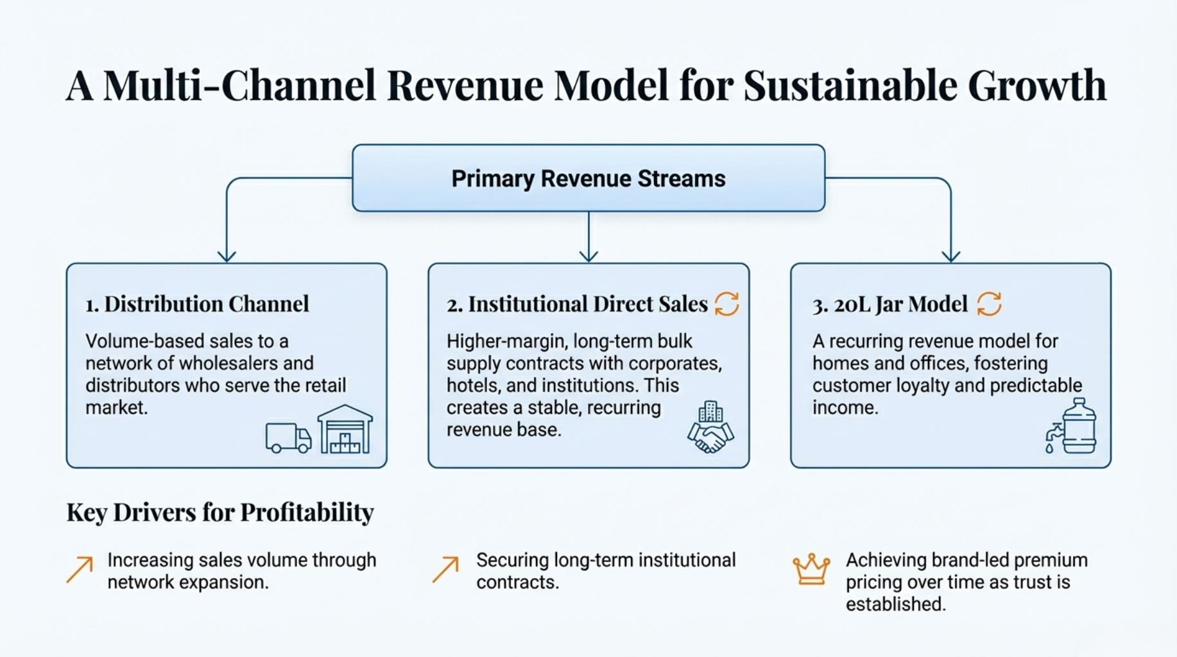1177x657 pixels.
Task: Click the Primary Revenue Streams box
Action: coord(588,178)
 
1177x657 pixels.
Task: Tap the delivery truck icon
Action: coord(288,438)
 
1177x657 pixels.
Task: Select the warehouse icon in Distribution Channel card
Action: coord(345,429)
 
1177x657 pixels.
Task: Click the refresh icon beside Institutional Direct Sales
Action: coord(726,304)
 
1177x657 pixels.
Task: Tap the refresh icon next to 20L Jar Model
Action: coord(989,304)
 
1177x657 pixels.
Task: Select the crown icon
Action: coord(811,569)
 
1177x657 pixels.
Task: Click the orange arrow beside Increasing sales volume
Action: coord(80,569)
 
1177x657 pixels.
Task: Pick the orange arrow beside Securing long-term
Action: coord(445,569)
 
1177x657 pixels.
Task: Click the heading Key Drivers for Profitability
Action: coord(220,512)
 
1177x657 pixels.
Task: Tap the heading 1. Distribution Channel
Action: coord(197,304)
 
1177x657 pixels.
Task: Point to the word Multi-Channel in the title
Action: coord(239,85)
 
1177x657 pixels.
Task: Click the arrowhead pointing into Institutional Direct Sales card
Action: coord(588,256)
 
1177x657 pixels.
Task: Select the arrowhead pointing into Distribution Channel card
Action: coord(227,256)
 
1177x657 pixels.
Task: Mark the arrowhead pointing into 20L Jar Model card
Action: coord(950,256)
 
